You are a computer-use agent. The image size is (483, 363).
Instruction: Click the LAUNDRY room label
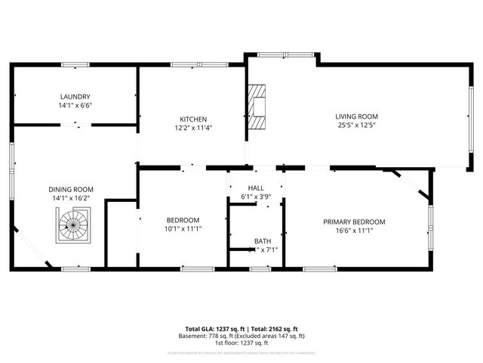[75, 97]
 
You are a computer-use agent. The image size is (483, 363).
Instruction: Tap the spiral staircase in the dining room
[73, 224]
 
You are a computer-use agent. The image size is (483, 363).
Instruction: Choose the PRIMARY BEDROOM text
[354, 222]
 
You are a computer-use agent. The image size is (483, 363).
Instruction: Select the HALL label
[256, 188]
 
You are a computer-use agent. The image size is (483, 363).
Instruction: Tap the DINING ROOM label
[71, 189]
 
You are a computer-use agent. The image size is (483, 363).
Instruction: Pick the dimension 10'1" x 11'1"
[183, 228]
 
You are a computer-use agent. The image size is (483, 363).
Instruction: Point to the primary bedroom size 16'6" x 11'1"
[354, 231]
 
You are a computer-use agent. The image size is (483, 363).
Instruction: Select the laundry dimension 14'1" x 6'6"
[75, 106]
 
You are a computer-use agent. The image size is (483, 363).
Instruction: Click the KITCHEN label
[192, 119]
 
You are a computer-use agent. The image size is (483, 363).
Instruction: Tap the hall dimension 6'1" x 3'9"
[256, 197]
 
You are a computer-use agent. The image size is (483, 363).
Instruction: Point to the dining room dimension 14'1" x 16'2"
[71, 198]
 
